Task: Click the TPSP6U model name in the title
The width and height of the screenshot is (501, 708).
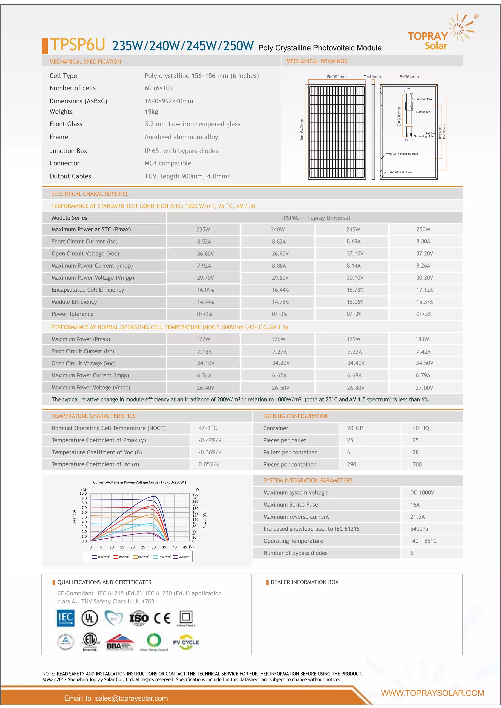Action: click(x=78, y=45)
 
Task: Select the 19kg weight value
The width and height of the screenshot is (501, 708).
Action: click(x=151, y=112)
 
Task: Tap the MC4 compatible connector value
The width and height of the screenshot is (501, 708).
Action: click(x=168, y=163)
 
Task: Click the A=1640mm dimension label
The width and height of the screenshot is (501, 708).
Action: click(x=302, y=130)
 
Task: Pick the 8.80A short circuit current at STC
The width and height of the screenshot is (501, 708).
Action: click(x=423, y=241)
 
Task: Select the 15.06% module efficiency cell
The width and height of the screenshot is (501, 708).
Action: click(x=355, y=302)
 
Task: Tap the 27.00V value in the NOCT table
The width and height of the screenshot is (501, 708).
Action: click(x=424, y=388)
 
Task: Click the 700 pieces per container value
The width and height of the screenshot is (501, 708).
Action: click(x=417, y=464)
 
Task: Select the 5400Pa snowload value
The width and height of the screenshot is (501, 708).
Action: click(x=419, y=529)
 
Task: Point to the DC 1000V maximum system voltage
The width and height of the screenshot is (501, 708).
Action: click(x=422, y=493)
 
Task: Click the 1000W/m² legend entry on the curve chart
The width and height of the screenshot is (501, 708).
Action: click(x=101, y=556)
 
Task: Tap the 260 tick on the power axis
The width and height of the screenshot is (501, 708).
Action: click(x=195, y=494)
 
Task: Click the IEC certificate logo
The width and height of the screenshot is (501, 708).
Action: click(x=66, y=618)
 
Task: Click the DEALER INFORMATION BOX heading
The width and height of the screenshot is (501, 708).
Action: click(x=304, y=582)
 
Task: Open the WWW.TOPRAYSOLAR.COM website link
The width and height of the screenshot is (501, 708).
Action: click(x=432, y=693)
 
